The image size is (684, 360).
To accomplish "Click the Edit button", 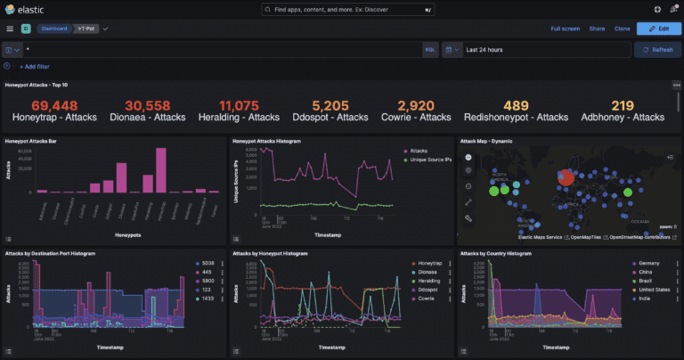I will tap(657, 29).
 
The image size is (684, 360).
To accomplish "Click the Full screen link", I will tap(565, 29).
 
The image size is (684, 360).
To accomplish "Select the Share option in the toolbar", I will tap(597, 29).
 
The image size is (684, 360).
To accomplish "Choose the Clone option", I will tap(622, 29).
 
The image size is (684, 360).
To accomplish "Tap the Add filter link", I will tap(36, 67).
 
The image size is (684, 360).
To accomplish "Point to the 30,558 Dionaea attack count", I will tap(136, 104).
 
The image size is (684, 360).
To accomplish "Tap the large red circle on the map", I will tap(566, 176).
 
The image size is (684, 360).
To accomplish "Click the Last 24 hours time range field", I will tap(543, 49).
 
